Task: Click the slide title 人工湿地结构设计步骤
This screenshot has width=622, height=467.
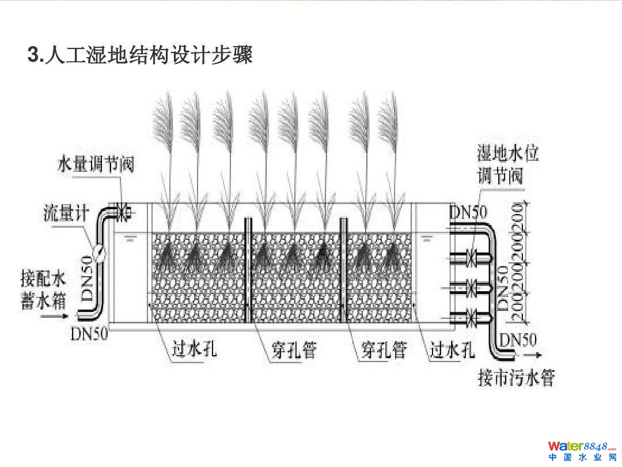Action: tap(141, 55)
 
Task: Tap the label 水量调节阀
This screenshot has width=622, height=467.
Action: tap(95, 164)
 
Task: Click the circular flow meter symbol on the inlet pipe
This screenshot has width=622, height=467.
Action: tap(100, 252)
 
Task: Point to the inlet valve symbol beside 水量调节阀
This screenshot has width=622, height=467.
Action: tap(122, 213)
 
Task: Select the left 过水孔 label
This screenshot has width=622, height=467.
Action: tap(195, 349)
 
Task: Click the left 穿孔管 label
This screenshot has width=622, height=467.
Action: tap(294, 349)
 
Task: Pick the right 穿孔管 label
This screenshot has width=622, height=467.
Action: tap(384, 349)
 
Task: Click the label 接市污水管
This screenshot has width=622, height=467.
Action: tap(516, 379)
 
